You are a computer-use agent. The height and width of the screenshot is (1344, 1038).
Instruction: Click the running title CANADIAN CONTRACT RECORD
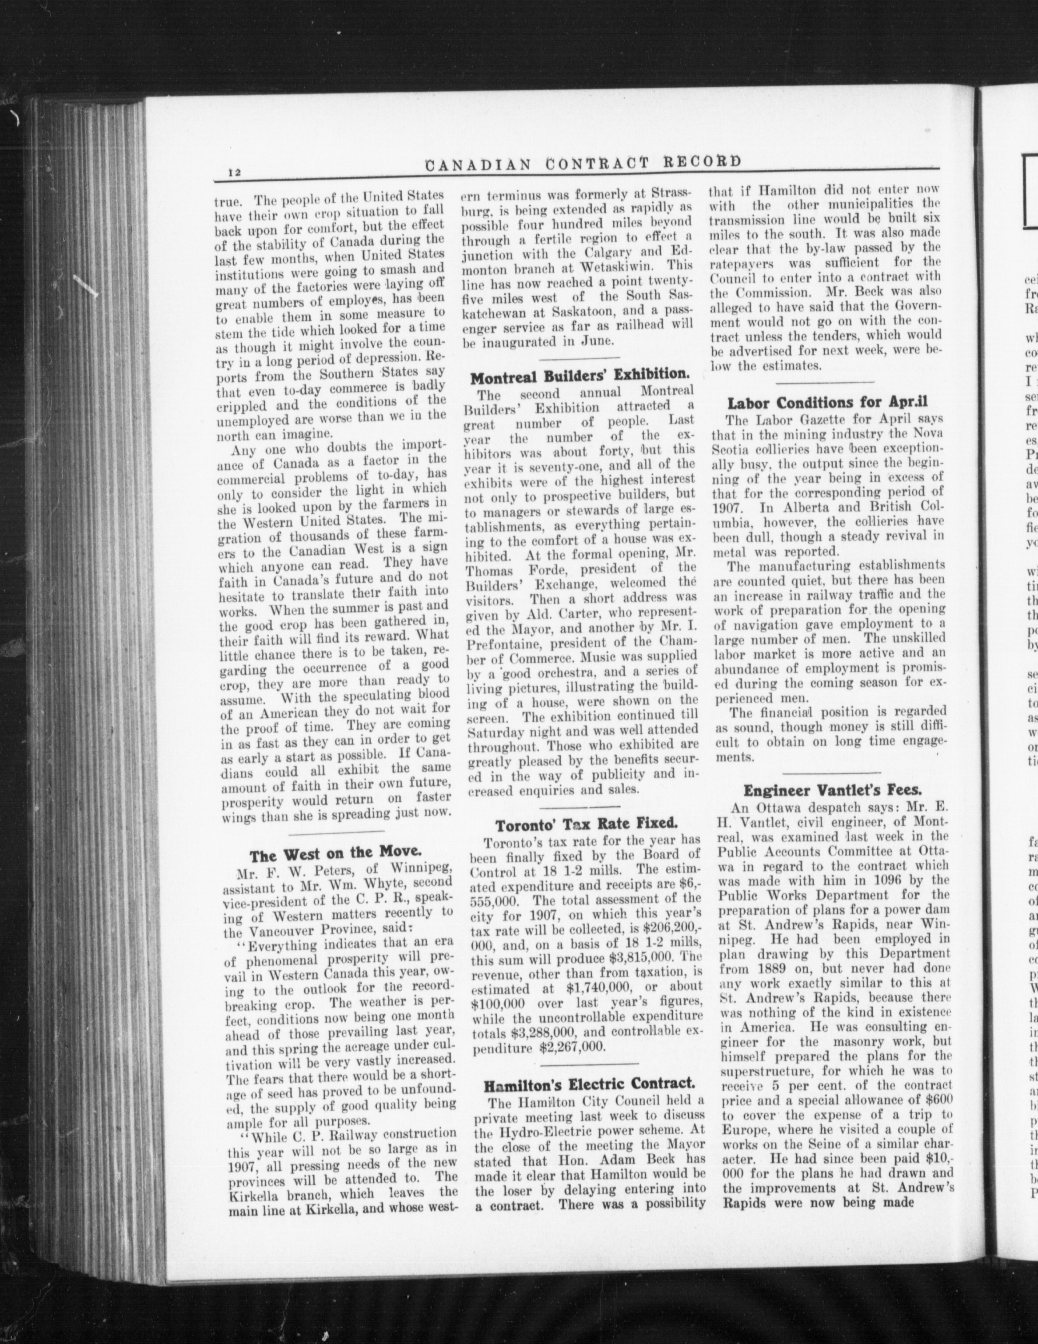click(x=582, y=164)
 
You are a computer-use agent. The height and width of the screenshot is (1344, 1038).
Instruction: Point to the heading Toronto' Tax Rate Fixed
click(x=587, y=824)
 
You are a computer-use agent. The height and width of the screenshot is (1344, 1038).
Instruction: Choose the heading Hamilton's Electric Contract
click(x=590, y=1083)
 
